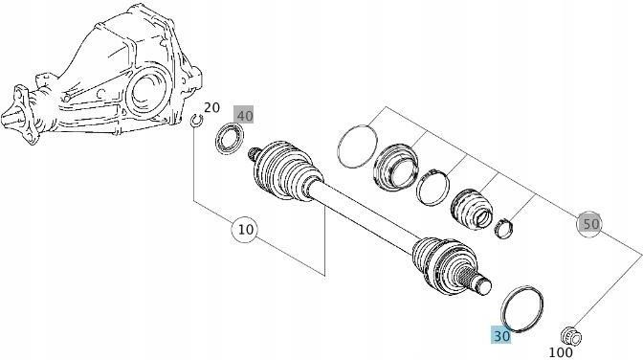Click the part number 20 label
click(x=211, y=107)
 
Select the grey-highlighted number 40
click(x=245, y=115)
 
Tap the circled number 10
click(x=245, y=230)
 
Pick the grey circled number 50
click(x=590, y=224)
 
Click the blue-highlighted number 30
click(x=501, y=336)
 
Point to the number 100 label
click(x=561, y=352)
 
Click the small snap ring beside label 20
click(x=197, y=121)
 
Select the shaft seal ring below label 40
click(x=230, y=141)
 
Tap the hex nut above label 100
click(x=571, y=336)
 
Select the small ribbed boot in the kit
click(x=472, y=208)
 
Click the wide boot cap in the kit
click(x=396, y=167)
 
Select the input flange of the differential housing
click(x=18, y=114)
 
